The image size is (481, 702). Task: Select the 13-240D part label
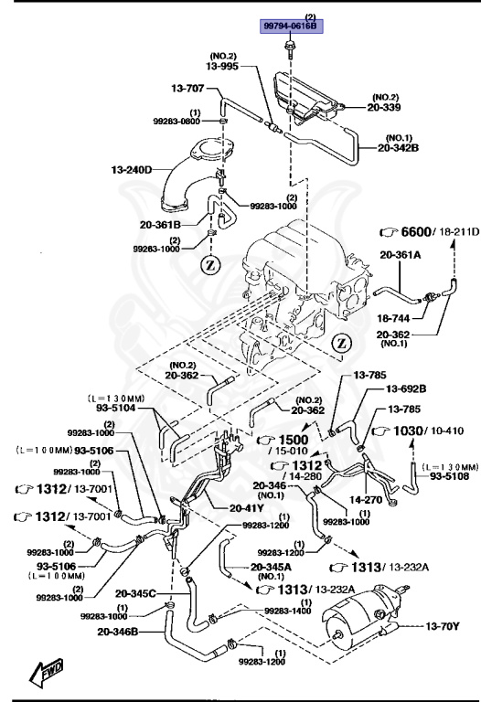pos(132,169)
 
